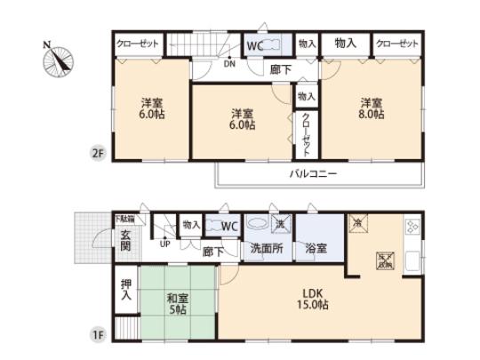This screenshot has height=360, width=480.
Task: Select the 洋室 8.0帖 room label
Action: (372, 108)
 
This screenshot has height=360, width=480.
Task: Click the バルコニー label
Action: (312, 173)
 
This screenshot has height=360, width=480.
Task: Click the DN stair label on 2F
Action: (228, 63)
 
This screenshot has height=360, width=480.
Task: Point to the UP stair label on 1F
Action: (164, 241)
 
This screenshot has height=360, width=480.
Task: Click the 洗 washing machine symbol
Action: (279, 224)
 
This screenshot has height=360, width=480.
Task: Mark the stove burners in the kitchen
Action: (412, 228)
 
